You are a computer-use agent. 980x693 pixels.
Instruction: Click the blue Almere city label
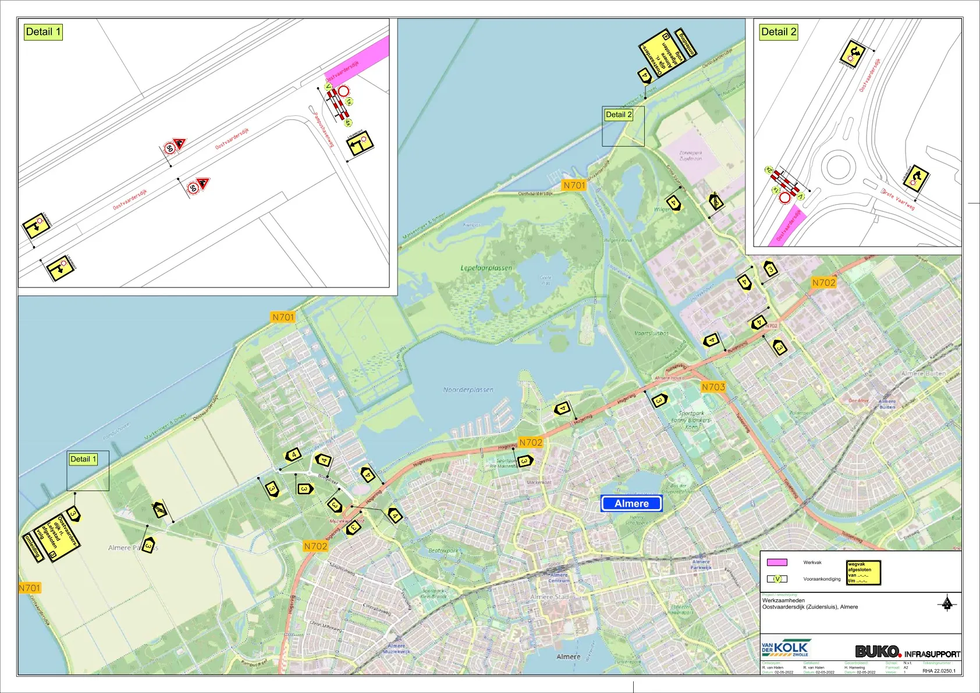pyautogui.click(x=631, y=504)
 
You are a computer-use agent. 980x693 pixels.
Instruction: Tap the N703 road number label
pyautogui.click(x=713, y=387)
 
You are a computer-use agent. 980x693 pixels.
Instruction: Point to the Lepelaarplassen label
pyautogui.click(x=487, y=268)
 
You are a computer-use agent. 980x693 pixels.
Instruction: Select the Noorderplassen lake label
pyautogui.click(x=468, y=390)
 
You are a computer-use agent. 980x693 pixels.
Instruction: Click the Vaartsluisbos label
pyautogui.click(x=651, y=333)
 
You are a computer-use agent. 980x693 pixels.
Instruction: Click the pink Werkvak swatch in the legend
pyautogui.click(x=777, y=563)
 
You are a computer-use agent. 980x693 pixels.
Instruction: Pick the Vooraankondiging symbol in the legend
pyautogui.click(x=777, y=579)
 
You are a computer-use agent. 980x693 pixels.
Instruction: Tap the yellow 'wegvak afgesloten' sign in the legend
pyautogui.click(x=863, y=573)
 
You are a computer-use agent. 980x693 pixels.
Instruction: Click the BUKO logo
pyautogui.click(x=878, y=652)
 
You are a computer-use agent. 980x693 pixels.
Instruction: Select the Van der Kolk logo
pyautogui.click(x=786, y=648)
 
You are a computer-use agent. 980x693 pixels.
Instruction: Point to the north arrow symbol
pyautogui.click(x=947, y=603)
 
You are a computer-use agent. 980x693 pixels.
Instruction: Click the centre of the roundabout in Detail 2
pyautogui.click(x=837, y=166)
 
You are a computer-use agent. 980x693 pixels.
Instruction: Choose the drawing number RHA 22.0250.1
pyautogui.click(x=939, y=671)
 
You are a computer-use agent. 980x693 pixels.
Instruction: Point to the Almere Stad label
pyautogui.click(x=549, y=597)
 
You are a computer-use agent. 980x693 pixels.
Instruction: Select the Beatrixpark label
pyautogui.click(x=443, y=550)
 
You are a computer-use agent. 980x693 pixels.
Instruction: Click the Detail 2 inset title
pyautogui.click(x=779, y=32)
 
